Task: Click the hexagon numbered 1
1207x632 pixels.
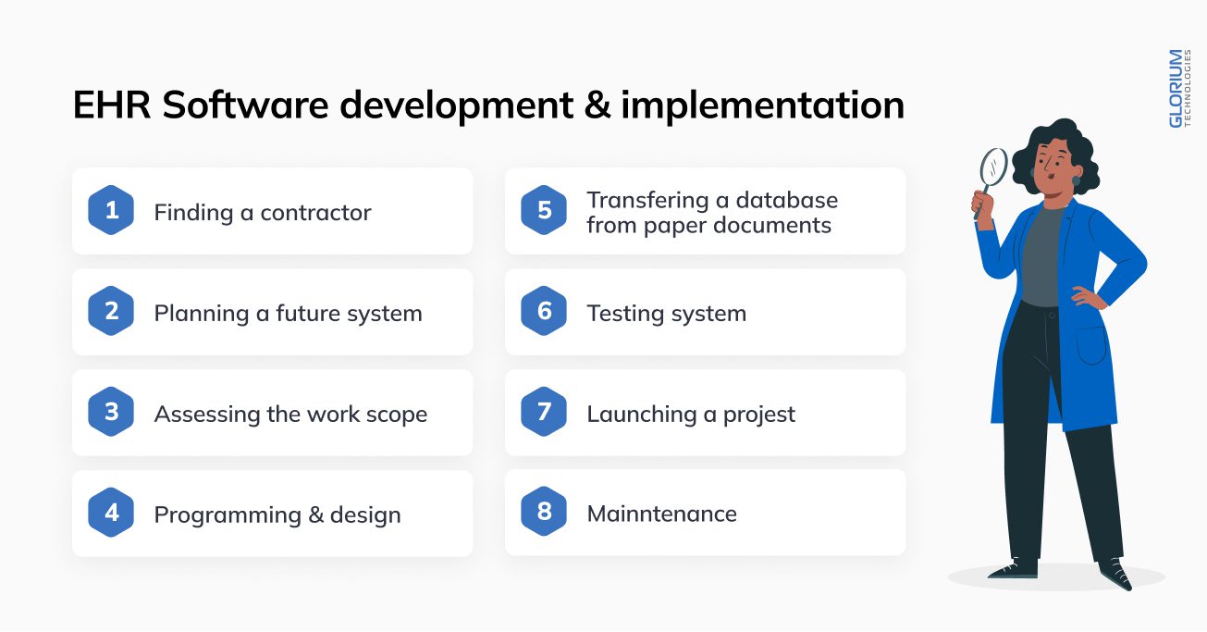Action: (x=111, y=210)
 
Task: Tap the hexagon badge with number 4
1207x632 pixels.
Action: (x=111, y=513)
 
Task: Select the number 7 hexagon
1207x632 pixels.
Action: (x=544, y=412)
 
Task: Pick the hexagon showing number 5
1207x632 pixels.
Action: (x=544, y=210)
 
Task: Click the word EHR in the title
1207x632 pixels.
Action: (x=112, y=105)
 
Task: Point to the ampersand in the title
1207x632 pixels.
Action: (x=597, y=105)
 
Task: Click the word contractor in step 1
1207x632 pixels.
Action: (x=315, y=213)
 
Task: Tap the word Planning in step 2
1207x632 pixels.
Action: (x=202, y=314)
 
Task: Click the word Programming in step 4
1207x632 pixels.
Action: (x=228, y=515)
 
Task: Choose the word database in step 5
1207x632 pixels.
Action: (x=787, y=200)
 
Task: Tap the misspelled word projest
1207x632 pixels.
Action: (x=758, y=415)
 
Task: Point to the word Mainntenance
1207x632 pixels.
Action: (x=661, y=514)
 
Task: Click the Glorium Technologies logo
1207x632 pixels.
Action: (x=1179, y=89)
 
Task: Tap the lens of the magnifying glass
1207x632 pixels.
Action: (x=993, y=166)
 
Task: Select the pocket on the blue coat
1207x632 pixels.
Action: (x=1091, y=345)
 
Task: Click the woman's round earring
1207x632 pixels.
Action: (x=1076, y=180)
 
